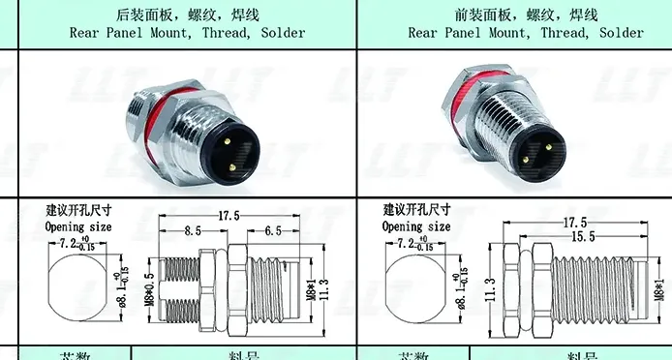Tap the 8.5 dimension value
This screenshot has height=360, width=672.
click(x=193, y=231)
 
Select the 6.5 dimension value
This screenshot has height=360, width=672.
click(x=273, y=231)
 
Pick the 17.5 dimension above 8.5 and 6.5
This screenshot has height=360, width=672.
click(x=228, y=215)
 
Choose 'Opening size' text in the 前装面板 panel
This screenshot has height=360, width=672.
click(x=416, y=226)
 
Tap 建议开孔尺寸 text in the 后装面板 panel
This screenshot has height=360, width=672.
click(x=78, y=210)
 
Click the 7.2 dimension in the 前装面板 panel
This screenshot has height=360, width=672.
click(x=408, y=242)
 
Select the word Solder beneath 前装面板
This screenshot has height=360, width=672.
click(x=621, y=32)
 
